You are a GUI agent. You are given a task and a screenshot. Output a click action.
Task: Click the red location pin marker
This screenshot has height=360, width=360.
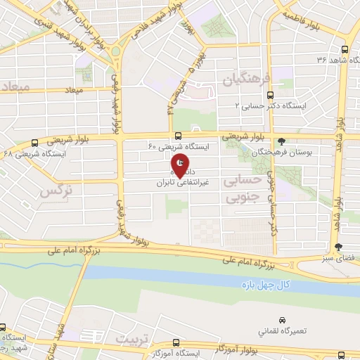[x=181, y=165]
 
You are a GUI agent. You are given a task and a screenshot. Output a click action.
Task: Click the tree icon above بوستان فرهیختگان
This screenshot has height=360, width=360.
[x=282, y=141]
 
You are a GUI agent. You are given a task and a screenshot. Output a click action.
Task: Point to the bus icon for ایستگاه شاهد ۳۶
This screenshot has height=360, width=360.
[x=343, y=50]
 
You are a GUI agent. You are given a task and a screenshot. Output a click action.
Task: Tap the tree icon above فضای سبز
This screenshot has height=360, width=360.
[x=339, y=247]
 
